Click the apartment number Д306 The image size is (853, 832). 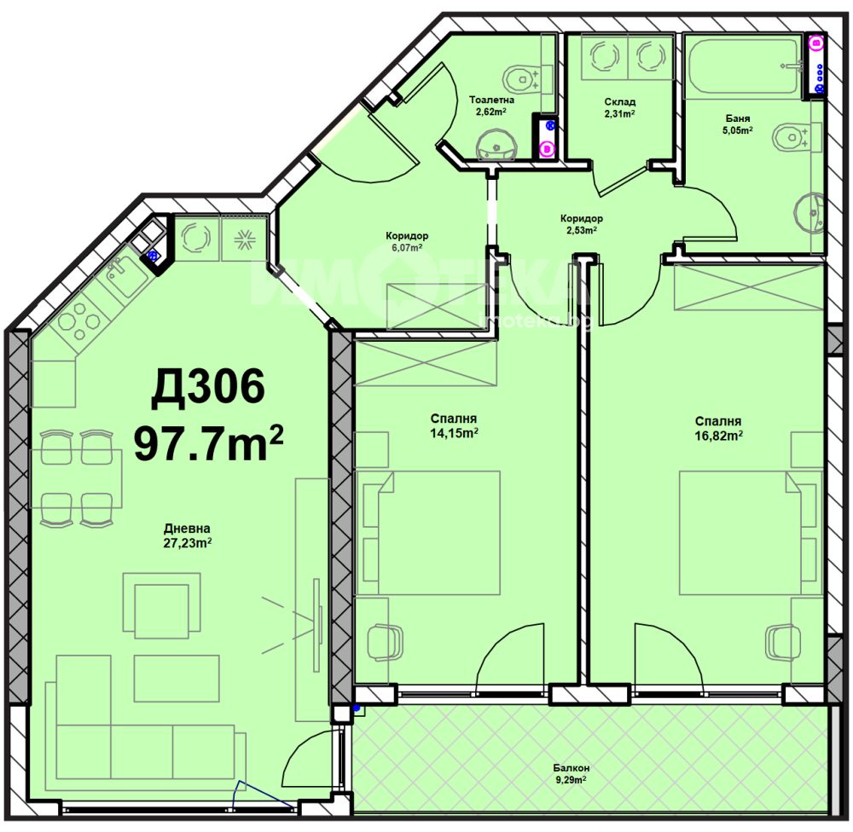point(208,387)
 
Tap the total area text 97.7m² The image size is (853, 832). point(208,442)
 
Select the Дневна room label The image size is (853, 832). point(187,528)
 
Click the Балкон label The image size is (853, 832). point(572,768)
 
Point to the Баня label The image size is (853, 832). point(738,118)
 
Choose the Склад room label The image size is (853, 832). point(619,102)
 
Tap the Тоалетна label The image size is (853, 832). point(491,100)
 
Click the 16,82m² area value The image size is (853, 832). point(718,436)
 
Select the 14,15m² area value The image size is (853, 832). point(455,433)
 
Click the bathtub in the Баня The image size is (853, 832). point(744,66)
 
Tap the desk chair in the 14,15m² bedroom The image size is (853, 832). point(386,643)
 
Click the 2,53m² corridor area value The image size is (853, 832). point(581,230)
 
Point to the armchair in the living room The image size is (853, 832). point(161,604)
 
